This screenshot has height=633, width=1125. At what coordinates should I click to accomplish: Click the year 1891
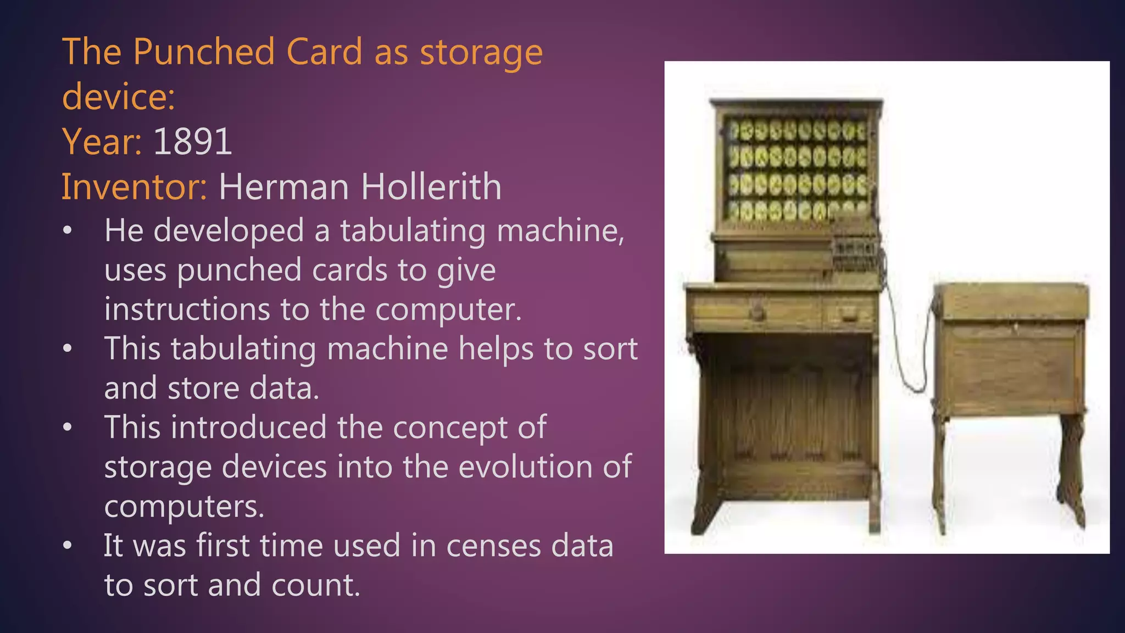click(x=192, y=142)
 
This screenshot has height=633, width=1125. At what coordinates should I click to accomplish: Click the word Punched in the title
click(x=203, y=52)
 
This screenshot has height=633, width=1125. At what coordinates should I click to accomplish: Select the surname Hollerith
click(x=431, y=187)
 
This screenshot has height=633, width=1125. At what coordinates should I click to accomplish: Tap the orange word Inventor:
click(x=134, y=187)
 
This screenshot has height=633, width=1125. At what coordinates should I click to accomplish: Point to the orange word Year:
click(x=102, y=142)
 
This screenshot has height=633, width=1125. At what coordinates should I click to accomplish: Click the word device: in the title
click(x=119, y=97)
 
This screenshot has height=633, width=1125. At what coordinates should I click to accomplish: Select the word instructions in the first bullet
click(x=187, y=309)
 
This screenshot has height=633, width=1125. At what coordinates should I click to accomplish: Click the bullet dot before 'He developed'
click(x=67, y=231)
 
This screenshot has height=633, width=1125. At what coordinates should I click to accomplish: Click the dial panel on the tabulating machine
click(x=797, y=170)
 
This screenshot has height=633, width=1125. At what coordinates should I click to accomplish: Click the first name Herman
click(x=283, y=187)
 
